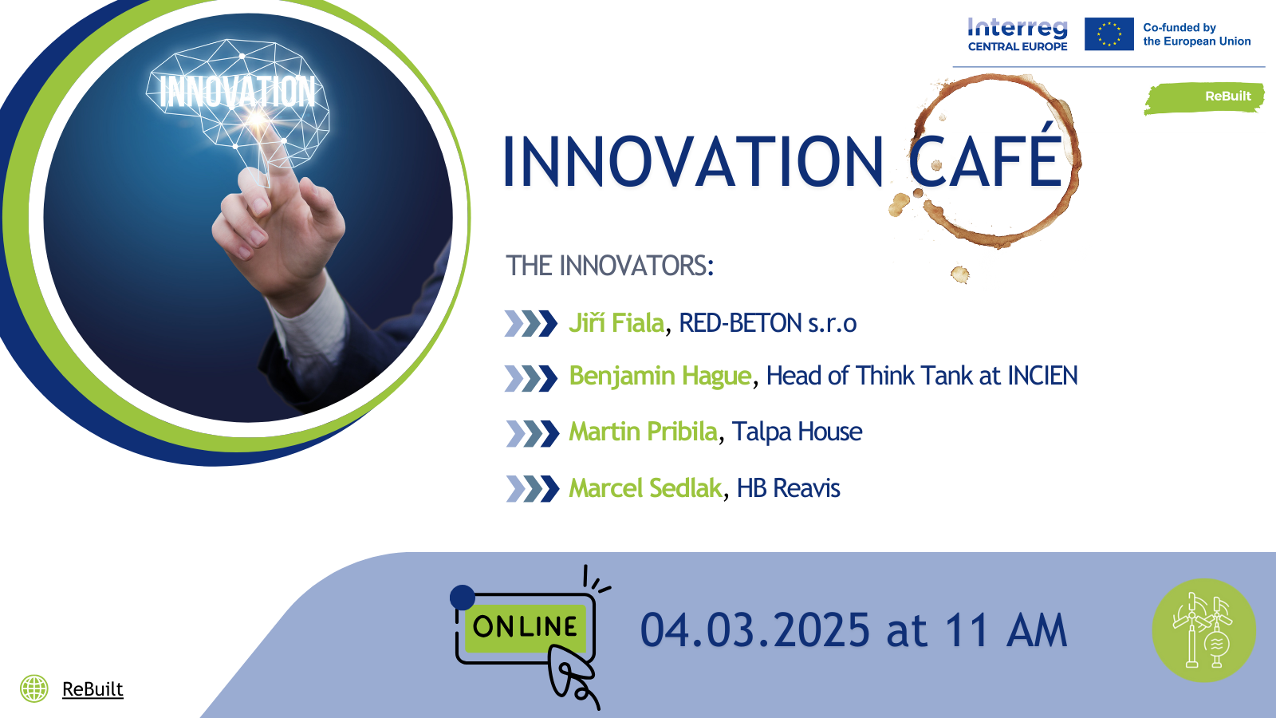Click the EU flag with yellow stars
1109,34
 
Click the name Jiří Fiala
616,323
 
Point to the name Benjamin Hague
660,376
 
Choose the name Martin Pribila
643,432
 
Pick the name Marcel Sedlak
645,487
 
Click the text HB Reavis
789,488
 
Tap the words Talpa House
797,432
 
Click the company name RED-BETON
741,323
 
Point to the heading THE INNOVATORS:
609,266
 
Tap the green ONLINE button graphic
526,627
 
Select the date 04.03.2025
755,630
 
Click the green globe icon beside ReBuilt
34,688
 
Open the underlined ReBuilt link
93,689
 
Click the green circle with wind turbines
1204,630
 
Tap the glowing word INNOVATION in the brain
237,91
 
